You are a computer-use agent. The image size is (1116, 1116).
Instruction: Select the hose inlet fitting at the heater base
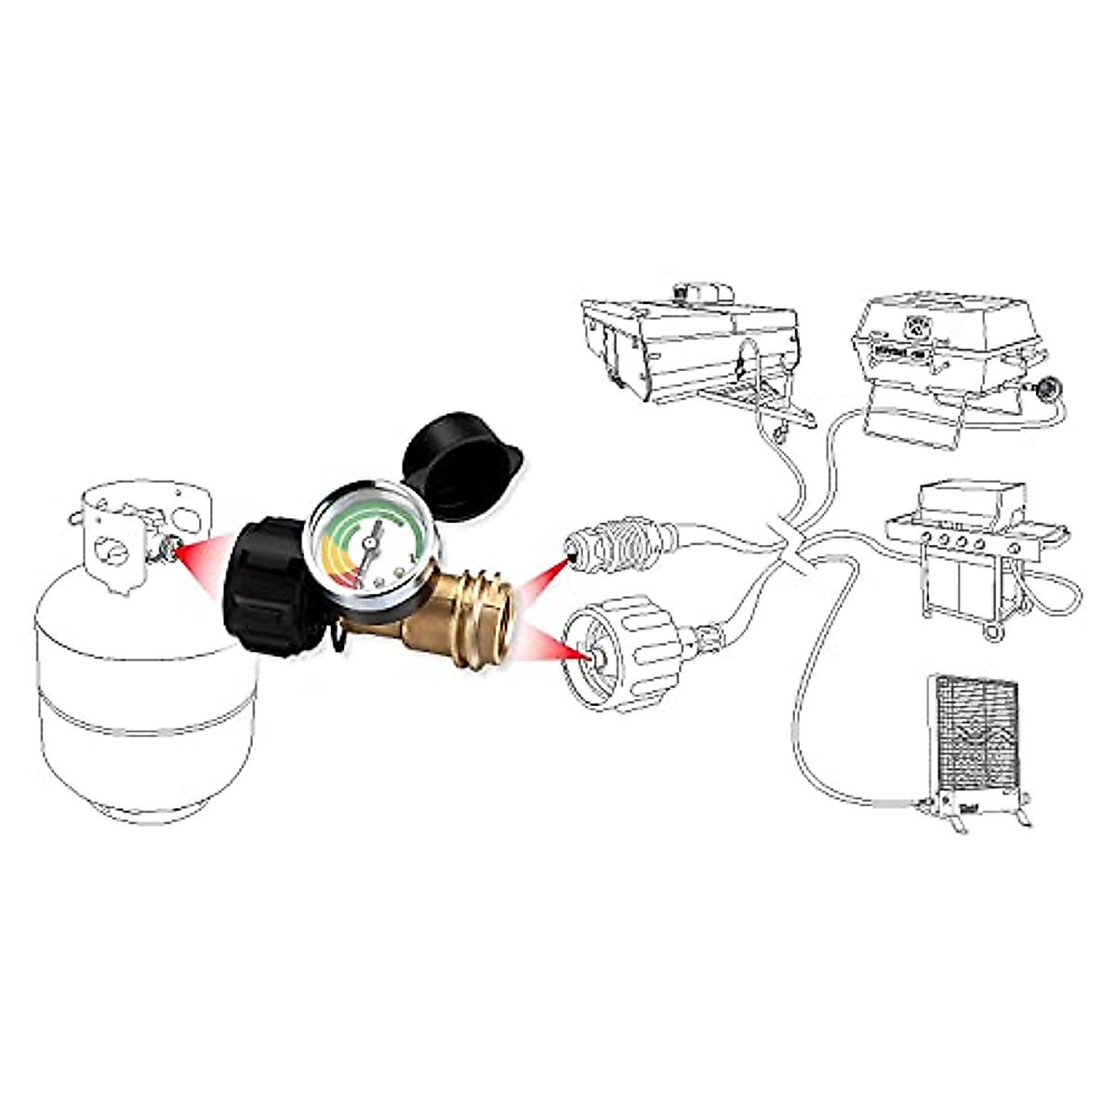click(x=923, y=804)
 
